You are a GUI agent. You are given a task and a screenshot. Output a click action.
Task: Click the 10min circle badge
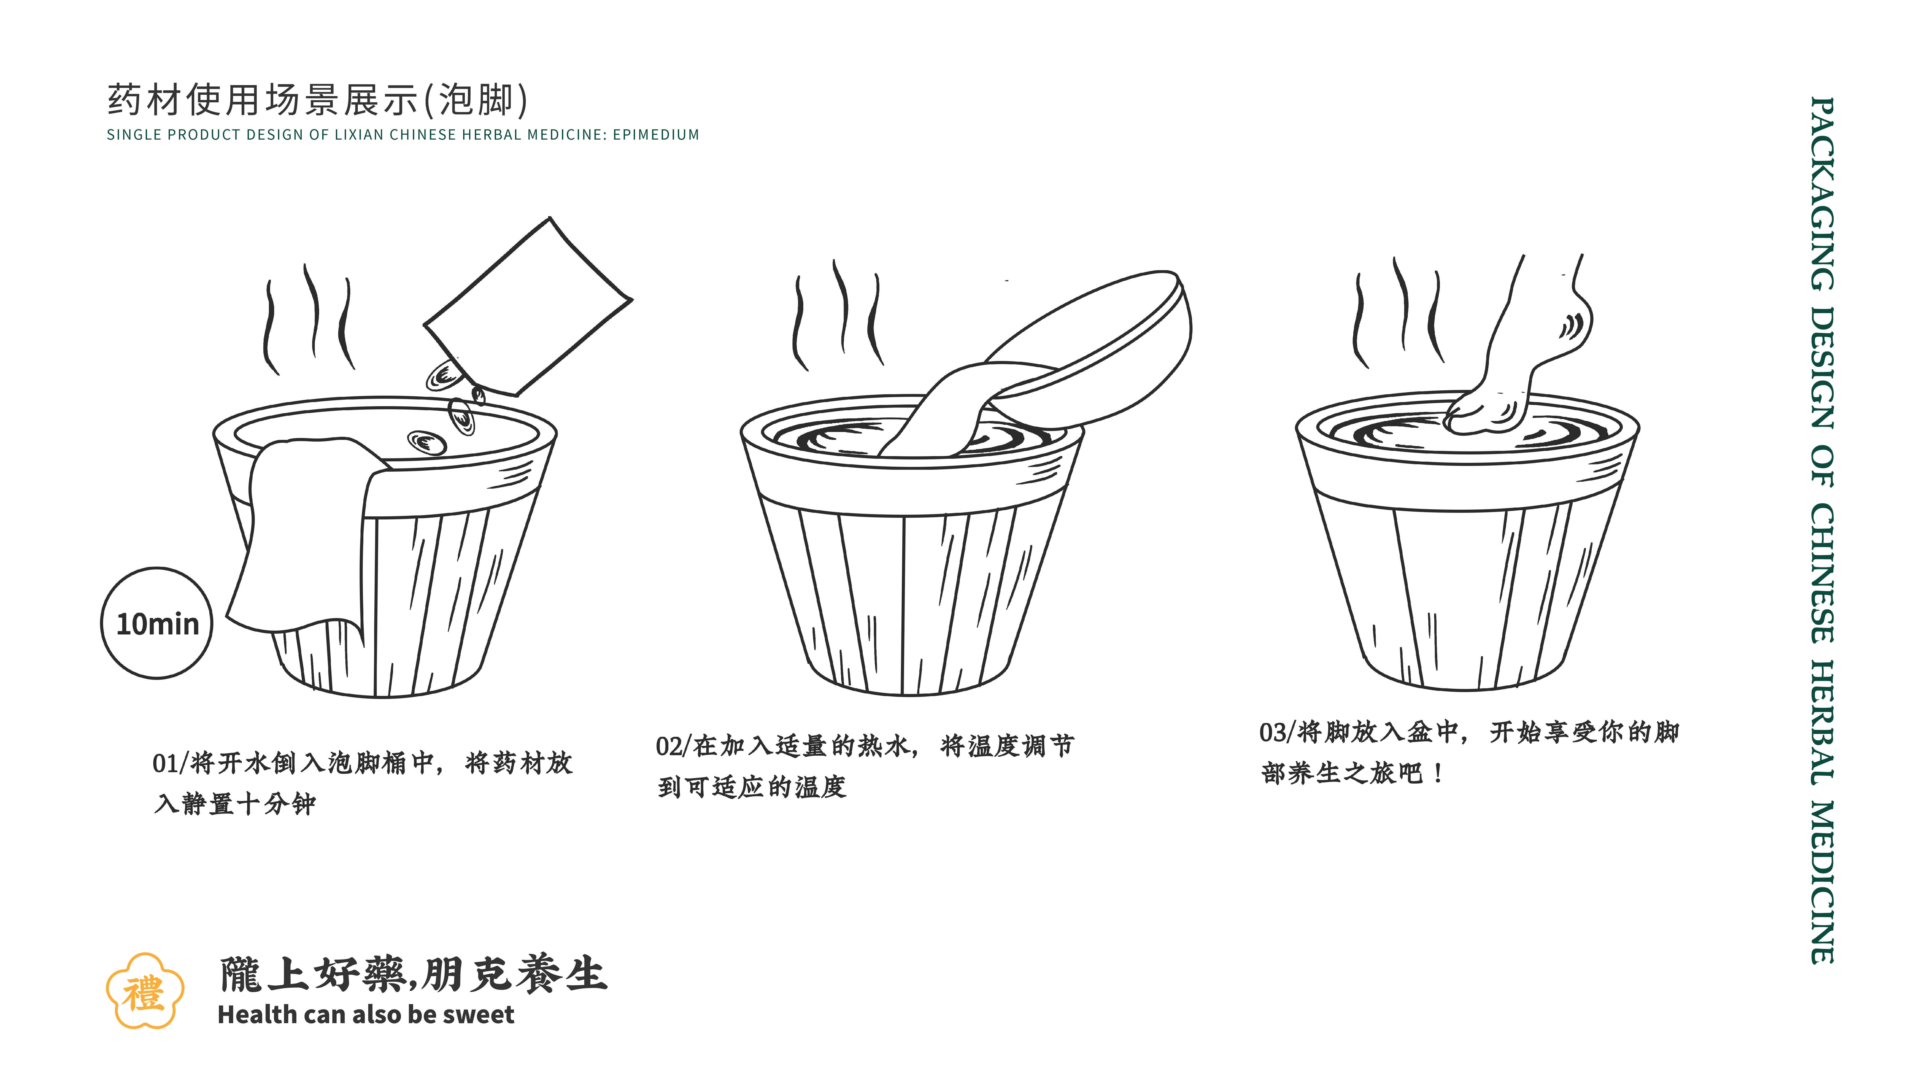[x=157, y=623]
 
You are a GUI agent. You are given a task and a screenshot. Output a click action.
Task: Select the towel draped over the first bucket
[x=305, y=535]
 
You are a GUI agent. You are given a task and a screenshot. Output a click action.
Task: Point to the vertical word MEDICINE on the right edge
[x=1822, y=882]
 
